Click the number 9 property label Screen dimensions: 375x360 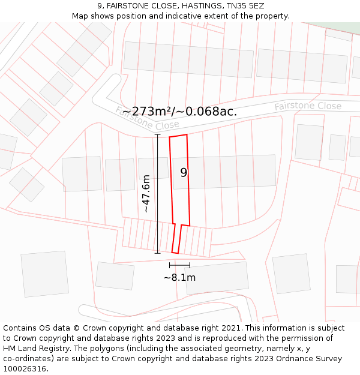point(184,173)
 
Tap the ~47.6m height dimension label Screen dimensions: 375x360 point(146,193)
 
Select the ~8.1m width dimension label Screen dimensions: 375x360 point(179,277)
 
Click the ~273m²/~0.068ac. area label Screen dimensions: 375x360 point(179,111)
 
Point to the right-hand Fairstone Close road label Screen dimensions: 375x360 point(308,106)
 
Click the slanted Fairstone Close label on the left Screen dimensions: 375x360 point(148,118)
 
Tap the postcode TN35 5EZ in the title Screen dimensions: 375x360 point(245,5)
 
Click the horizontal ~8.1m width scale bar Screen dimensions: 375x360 point(179,265)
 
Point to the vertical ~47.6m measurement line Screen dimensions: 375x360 point(157,193)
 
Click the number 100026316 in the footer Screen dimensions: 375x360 point(25,369)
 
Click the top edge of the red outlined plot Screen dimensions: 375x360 point(178,136)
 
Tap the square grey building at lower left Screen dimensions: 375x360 point(45,274)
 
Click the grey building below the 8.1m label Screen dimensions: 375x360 point(217,278)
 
